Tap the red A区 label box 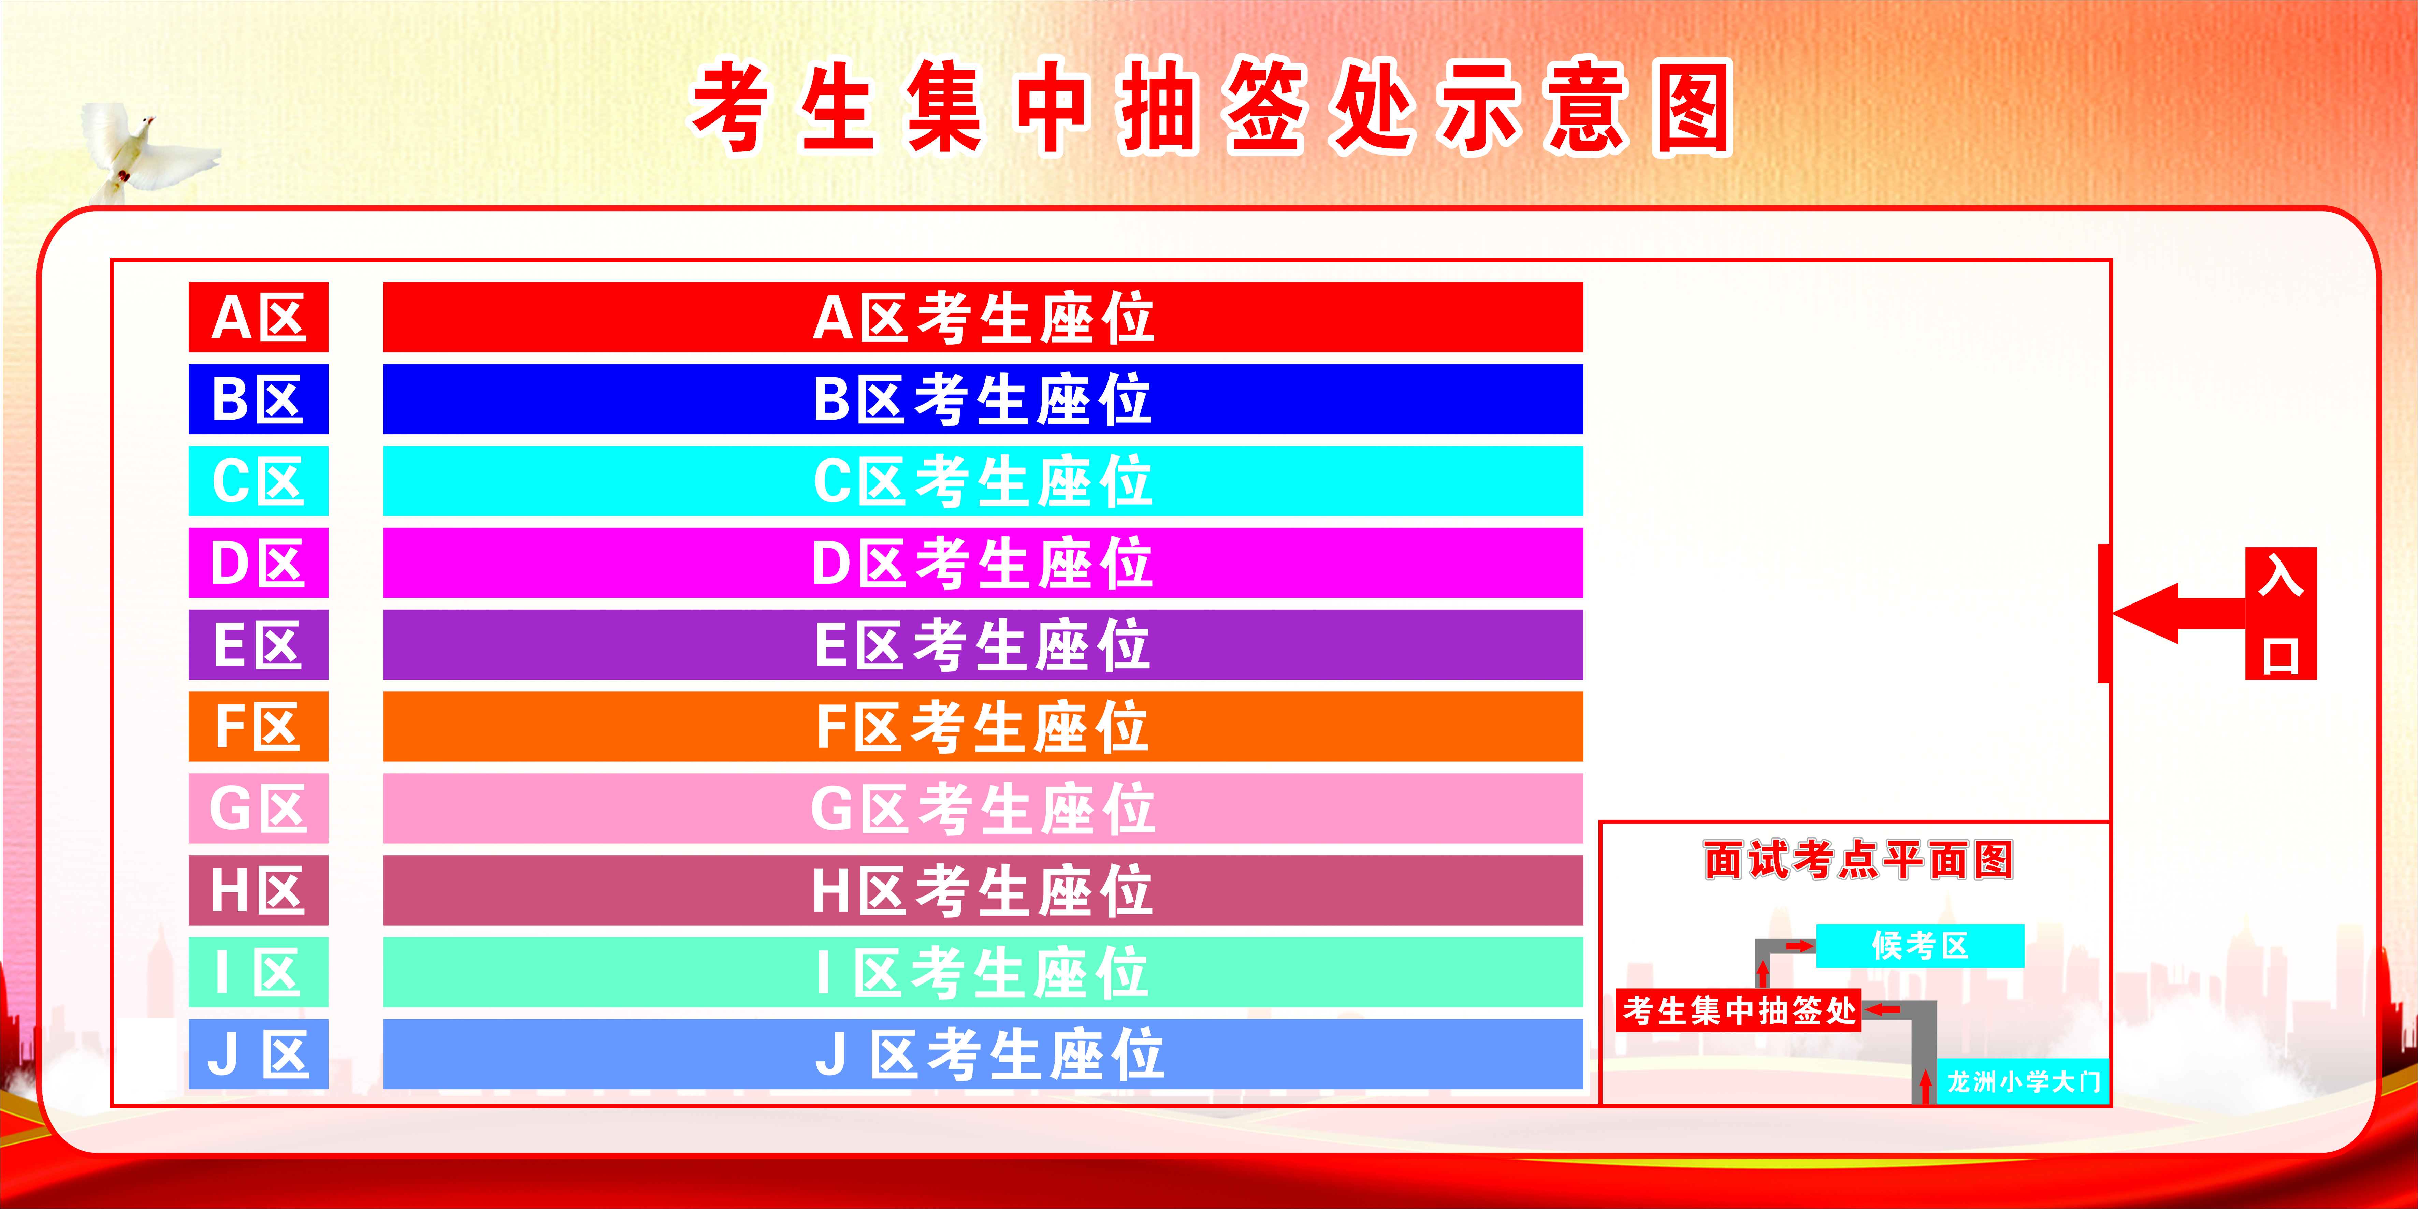tap(258, 317)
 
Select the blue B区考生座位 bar tap(983, 399)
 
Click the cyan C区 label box tap(258, 481)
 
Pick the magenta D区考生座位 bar tap(983, 562)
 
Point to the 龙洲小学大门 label tap(2023, 1081)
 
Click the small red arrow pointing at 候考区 tap(1799, 946)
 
